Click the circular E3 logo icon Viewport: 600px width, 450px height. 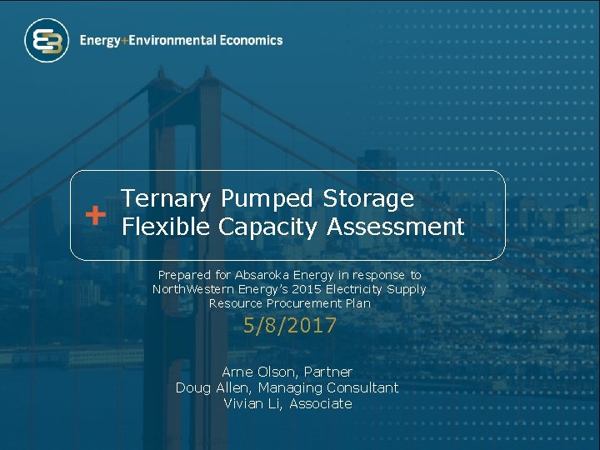(x=47, y=41)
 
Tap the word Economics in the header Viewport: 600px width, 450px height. (x=252, y=40)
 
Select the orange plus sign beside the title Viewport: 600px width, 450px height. (x=96, y=215)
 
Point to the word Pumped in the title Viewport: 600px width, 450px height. (x=267, y=198)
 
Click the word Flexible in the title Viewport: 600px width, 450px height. (x=166, y=227)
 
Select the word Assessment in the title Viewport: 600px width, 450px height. (x=395, y=227)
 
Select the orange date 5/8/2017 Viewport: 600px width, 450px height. (x=290, y=326)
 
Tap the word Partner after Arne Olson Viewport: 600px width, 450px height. (x=327, y=372)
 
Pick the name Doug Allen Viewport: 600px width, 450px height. (x=212, y=387)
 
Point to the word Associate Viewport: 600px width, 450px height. (x=321, y=403)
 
